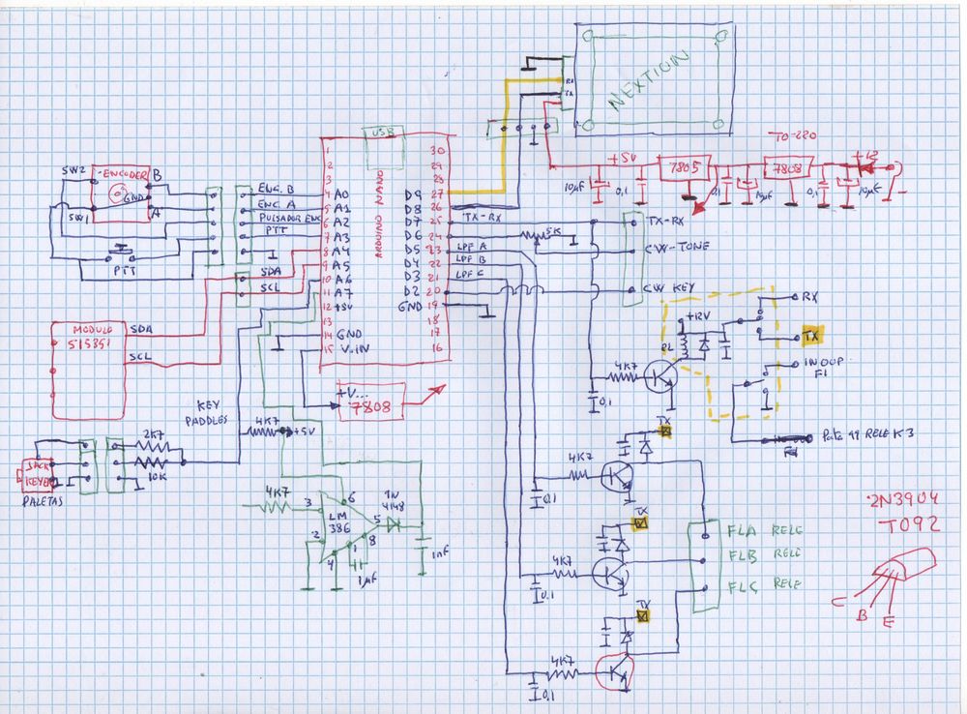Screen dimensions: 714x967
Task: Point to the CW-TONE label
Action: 677,247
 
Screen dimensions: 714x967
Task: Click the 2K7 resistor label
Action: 151,434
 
